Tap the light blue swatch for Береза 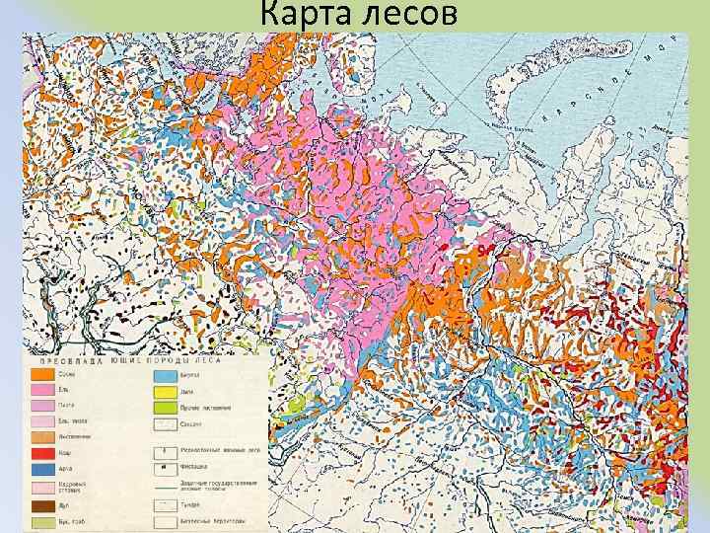coord(165,375)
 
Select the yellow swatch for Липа coord(165,392)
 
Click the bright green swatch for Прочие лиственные coord(165,408)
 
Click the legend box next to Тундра coord(165,503)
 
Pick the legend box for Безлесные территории coord(165,519)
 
